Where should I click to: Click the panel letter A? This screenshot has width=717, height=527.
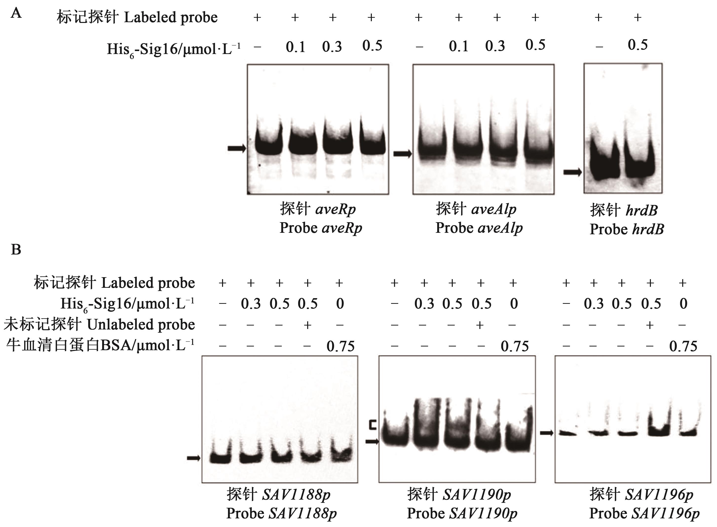coord(16,13)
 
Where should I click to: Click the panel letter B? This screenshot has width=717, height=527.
coord(16,250)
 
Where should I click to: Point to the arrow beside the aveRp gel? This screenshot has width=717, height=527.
coord(236,148)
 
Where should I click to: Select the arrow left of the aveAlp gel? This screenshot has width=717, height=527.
coord(402,154)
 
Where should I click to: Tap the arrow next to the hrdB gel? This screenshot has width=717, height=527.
coord(572,172)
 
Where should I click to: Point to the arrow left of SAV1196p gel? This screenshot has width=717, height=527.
coord(546,433)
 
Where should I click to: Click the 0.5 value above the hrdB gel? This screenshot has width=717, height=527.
coord(638,45)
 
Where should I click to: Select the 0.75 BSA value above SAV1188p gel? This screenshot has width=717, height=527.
coord(340,346)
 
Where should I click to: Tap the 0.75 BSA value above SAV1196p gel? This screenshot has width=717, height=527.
coord(683,346)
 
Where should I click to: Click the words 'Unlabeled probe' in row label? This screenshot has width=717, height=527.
coord(141,325)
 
